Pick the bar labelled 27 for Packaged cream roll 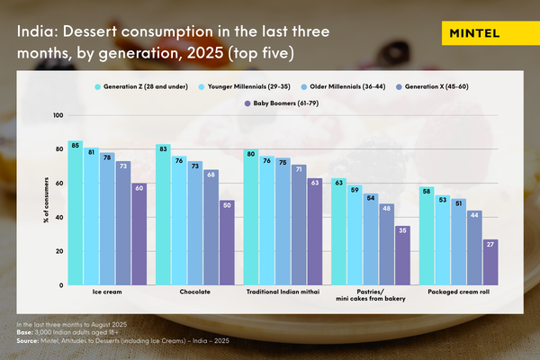[490, 262]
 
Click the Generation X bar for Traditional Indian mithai [300, 225]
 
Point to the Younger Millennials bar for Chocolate [180, 221]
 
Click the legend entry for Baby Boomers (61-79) [281, 103]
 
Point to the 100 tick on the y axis [58, 116]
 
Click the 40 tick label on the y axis [59, 218]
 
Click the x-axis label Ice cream [107, 292]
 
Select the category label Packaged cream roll [458, 292]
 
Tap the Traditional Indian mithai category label [283, 292]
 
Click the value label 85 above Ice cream [76, 144]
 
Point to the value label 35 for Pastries [403, 229]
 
